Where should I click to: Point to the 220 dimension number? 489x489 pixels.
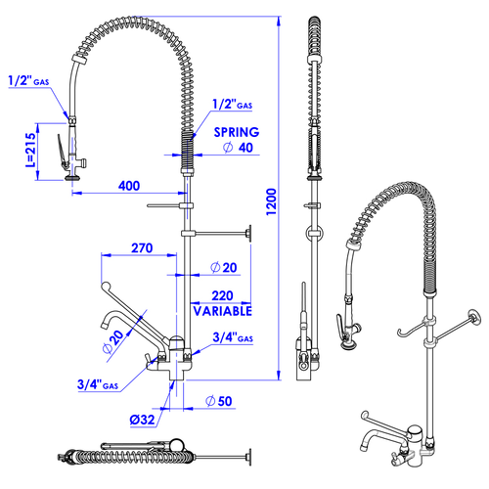(x=221, y=293)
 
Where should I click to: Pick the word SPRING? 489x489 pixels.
(x=237, y=132)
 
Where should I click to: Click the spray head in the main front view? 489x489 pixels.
(x=71, y=156)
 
